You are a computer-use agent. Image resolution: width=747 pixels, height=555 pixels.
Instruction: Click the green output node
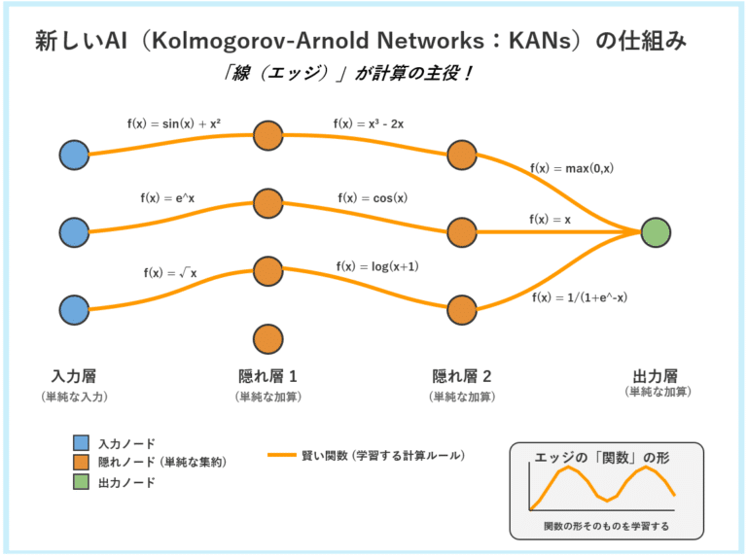pyautogui.click(x=657, y=232)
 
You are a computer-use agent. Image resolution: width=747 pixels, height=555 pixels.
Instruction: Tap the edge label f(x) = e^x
pyautogui.click(x=167, y=198)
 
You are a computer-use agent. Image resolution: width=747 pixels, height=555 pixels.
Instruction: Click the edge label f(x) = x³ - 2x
pyautogui.click(x=371, y=123)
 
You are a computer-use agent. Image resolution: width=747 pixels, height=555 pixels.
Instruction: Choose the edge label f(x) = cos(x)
pyautogui.click(x=373, y=198)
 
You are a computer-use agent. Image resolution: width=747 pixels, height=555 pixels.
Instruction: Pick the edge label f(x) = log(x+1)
pyautogui.click(x=376, y=266)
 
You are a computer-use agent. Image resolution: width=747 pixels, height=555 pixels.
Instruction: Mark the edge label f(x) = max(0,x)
pyautogui.click(x=571, y=168)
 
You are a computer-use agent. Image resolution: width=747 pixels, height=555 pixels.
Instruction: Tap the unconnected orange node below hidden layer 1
pyautogui.click(x=267, y=338)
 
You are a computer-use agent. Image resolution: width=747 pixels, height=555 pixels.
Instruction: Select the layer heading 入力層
pyautogui.click(x=73, y=376)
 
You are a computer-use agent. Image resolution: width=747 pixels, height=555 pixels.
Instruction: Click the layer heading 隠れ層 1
pyautogui.click(x=267, y=376)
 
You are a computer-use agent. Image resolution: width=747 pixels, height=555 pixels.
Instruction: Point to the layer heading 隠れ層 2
pyautogui.click(x=462, y=376)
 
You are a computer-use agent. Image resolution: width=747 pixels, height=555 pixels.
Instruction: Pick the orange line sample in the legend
pyautogui.click(x=281, y=455)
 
